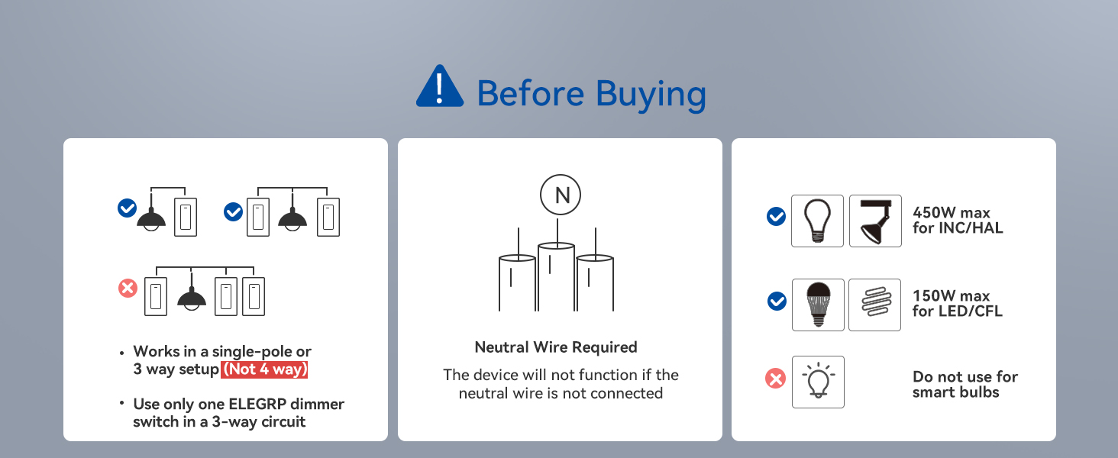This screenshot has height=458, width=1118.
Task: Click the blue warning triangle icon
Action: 440,86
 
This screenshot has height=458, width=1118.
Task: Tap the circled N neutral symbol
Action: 561,195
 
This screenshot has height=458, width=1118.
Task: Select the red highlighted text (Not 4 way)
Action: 264,369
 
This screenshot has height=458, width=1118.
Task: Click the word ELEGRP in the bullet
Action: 257,404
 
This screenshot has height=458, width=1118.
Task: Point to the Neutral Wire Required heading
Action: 556,347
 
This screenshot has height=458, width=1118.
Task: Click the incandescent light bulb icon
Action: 818,221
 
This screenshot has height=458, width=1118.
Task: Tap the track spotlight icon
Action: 875,221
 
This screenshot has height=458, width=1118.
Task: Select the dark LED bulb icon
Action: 819,305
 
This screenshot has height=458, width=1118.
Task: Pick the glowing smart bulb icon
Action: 819,381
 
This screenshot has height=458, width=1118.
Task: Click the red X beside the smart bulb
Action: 776,379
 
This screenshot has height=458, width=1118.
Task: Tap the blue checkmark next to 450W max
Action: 776,217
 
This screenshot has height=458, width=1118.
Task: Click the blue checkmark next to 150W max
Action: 777,301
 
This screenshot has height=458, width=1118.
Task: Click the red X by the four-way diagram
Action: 128,288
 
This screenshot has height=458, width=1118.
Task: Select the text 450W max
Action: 952,212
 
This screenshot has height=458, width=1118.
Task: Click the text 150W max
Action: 952,296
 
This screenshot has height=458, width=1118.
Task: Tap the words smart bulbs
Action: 956,392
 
